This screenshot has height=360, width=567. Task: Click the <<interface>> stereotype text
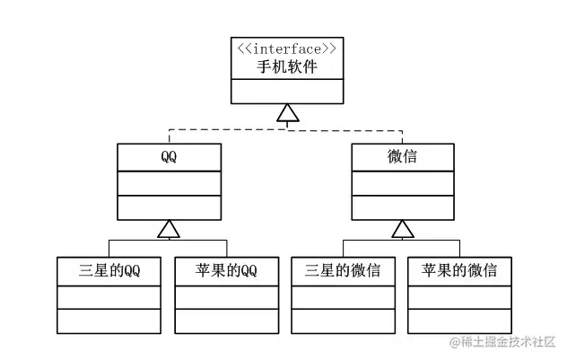(x=286, y=48)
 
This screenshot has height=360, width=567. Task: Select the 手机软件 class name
(x=286, y=66)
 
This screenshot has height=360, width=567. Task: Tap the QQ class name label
(x=169, y=157)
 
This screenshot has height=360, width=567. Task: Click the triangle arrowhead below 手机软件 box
(x=286, y=112)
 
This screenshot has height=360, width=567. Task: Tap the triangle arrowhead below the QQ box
(x=169, y=229)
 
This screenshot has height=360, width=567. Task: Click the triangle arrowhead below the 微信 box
(x=402, y=229)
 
